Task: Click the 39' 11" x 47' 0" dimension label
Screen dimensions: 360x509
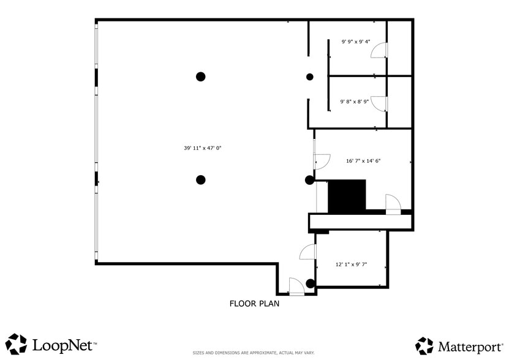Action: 202,148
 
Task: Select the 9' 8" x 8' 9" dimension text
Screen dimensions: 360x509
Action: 355,102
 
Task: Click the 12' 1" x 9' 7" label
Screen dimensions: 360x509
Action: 351,264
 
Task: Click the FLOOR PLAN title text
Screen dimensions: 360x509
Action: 254,303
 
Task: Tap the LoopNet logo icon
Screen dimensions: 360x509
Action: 17,344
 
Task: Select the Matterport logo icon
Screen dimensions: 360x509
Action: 424,346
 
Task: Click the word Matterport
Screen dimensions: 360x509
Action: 469,347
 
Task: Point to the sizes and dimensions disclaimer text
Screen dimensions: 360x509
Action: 254,353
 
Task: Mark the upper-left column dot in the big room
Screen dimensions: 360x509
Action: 200,77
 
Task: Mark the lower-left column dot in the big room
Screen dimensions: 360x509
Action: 200,179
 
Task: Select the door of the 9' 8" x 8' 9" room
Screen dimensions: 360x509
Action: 380,103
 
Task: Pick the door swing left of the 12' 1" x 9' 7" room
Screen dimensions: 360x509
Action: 307,251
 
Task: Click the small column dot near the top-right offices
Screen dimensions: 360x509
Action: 310,77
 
